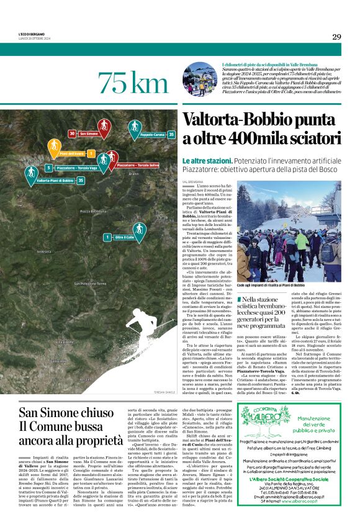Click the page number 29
[x=336, y=37]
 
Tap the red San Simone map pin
[x=104, y=130]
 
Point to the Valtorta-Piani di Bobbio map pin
[x=30, y=174]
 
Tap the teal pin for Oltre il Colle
[x=139, y=230]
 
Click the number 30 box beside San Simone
[x=72, y=133]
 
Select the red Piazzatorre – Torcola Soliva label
[x=137, y=165]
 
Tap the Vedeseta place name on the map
[x=43, y=251]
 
